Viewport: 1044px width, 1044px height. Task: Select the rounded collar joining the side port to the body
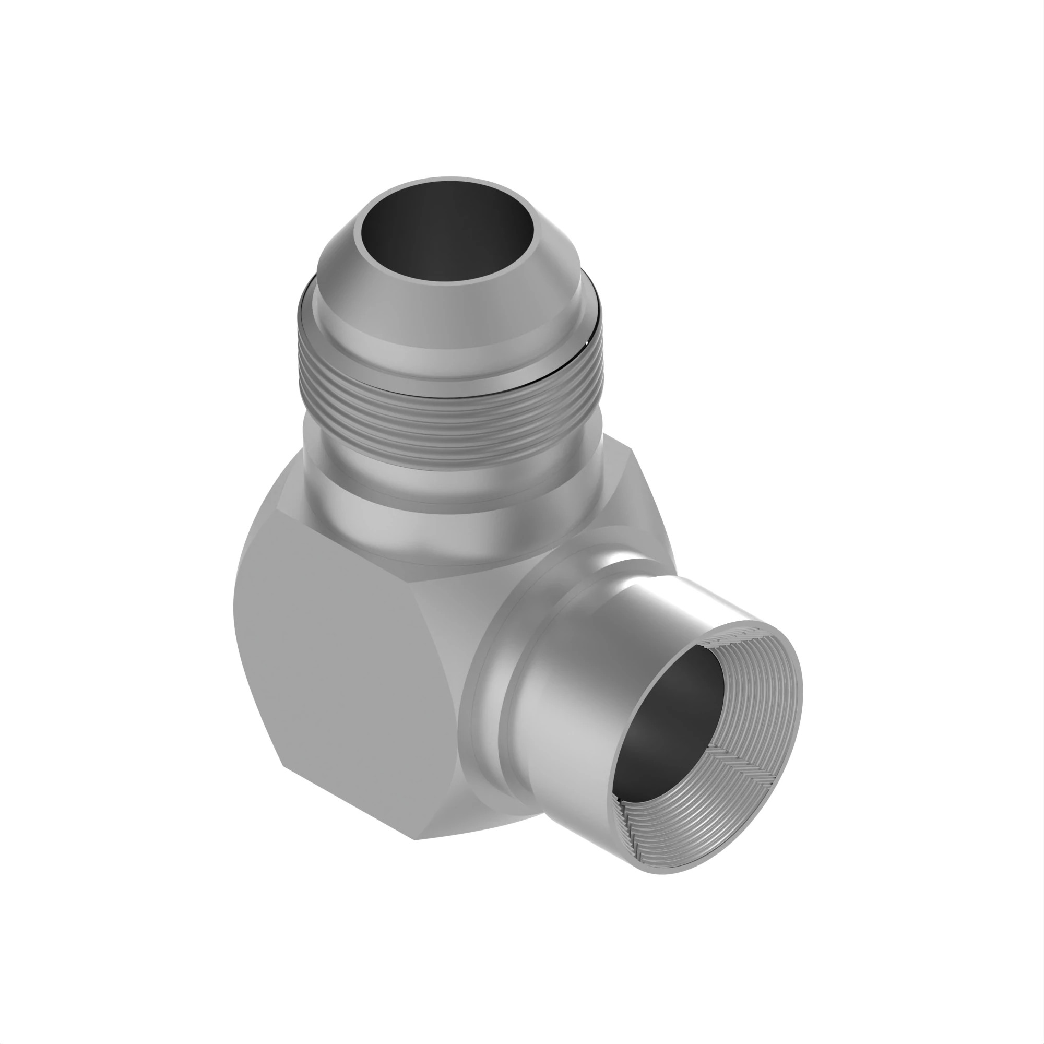[487, 703]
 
